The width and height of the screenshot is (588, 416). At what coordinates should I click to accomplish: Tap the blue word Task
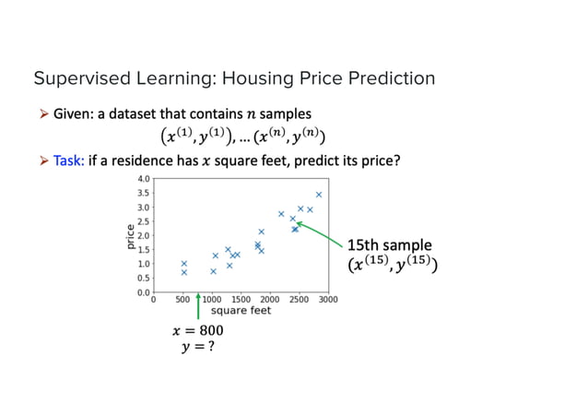(69, 160)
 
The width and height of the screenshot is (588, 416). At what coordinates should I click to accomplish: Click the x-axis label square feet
(241, 311)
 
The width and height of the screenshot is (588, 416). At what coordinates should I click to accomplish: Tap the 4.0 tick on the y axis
(143, 179)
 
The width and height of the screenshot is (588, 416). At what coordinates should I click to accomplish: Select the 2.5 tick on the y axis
(143, 221)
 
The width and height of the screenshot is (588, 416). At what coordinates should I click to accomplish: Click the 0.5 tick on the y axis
(143, 278)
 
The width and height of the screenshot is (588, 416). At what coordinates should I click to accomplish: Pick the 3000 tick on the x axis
(328, 300)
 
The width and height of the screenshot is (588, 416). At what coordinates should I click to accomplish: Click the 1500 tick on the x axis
(241, 300)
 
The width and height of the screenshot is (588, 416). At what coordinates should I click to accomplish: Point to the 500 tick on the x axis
(183, 300)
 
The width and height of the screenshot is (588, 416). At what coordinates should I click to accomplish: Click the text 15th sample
(388, 245)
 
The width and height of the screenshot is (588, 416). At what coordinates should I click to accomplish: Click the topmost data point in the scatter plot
(319, 195)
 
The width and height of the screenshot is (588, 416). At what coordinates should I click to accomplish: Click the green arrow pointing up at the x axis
(198, 306)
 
